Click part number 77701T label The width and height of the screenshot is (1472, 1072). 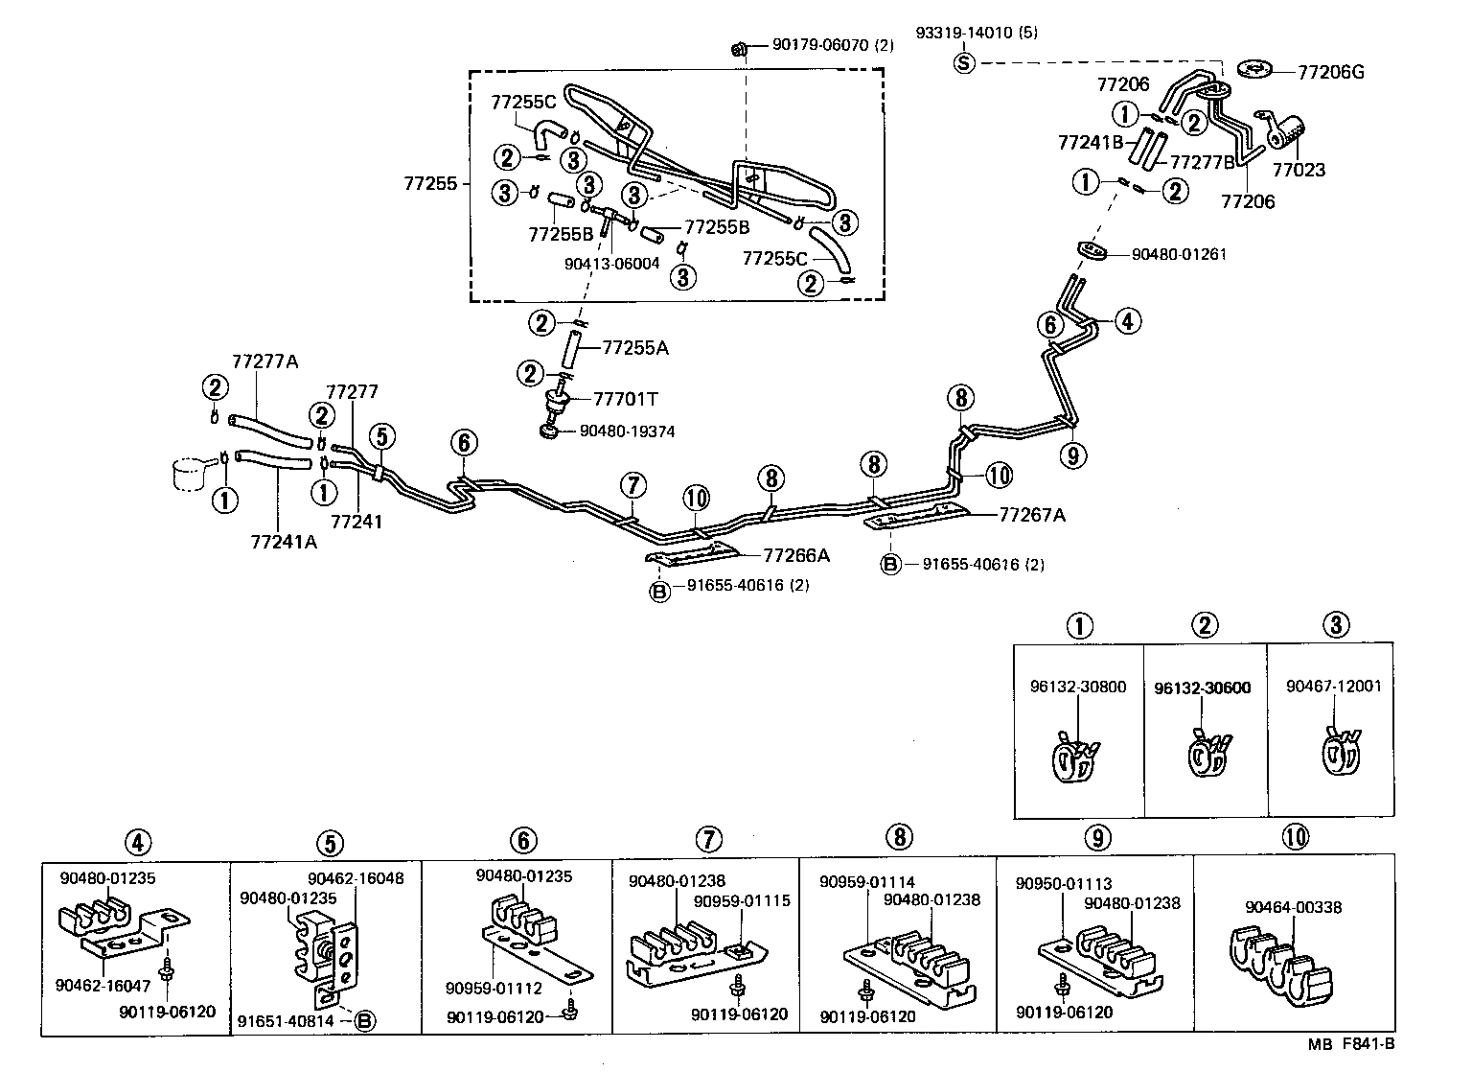pyautogui.click(x=626, y=399)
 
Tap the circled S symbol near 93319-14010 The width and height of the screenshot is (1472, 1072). pyautogui.click(x=964, y=63)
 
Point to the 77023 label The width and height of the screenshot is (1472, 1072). pyautogui.click(x=1299, y=171)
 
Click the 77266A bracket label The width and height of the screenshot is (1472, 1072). pyautogui.click(x=796, y=555)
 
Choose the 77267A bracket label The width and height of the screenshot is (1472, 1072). pyautogui.click(x=1032, y=515)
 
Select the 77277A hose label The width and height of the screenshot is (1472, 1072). pyautogui.click(x=265, y=361)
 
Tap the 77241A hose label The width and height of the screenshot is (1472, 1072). pyautogui.click(x=284, y=543)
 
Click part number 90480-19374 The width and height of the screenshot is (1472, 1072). pyautogui.click(x=627, y=432)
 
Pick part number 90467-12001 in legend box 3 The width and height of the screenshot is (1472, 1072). pyautogui.click(x=1334, y=687)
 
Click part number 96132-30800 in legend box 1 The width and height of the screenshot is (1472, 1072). pyautogui.click(x=1078, y=687)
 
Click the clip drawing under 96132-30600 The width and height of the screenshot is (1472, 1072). pyautogui.click(x=1207, y=755)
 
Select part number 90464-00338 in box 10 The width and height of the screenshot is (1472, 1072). pyautogui.click(x=1294, y=907)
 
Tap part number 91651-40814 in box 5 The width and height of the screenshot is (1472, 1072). pyautogui.click(x=286, y=1021)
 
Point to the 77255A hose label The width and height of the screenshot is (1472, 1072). pyautogui.click(x=635, y=348)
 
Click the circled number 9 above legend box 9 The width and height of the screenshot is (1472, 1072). pyautogui.click(x=1099, y=838)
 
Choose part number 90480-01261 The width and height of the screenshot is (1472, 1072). pyautogui.click(x=1179, y=255)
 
